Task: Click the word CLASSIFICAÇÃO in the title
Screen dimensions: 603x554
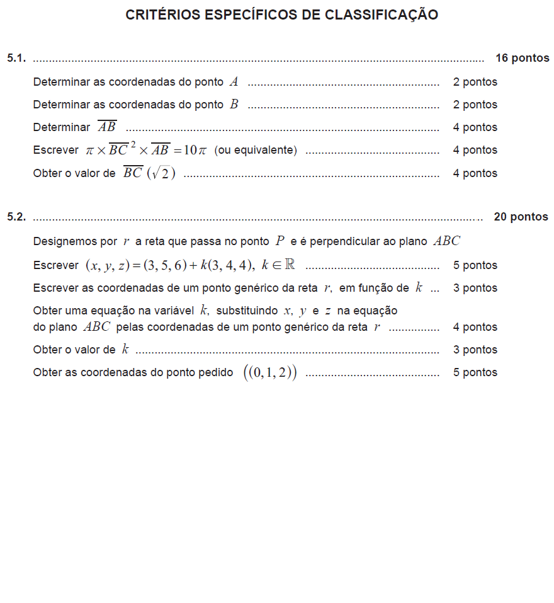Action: tap(382, 15)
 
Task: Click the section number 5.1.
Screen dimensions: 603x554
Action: tap(16, 59)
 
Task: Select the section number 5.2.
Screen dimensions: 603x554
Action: tap(16, 217)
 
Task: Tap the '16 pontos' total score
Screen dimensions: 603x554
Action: tap(522, 59)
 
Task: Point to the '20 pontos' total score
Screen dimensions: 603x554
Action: tap(521, 217)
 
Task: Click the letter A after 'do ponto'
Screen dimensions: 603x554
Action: tap(234, 82)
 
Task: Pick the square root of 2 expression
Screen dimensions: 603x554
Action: tap(161, 174)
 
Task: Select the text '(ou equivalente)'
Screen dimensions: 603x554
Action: tap(256, 151)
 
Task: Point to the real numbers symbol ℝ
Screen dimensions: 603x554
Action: tap(290, 265)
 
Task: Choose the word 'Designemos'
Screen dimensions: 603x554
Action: tap(75, 241)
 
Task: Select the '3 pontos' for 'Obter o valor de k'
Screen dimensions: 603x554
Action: tap(475, 350)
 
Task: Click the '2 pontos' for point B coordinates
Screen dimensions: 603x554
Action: tap(475, 105)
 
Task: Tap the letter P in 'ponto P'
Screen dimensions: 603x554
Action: tap(280, 241)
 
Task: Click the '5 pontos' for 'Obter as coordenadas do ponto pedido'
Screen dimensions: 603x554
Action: tap(475, 372)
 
